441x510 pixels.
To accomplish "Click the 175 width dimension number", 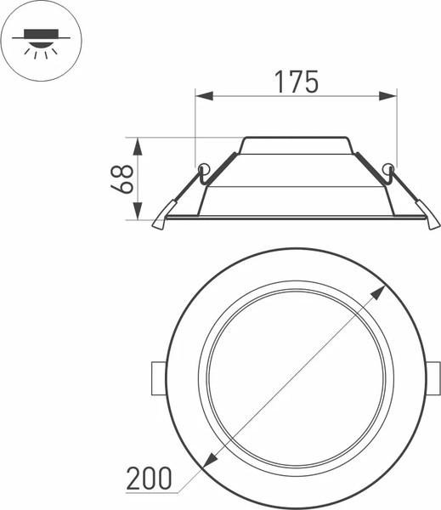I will pos(296,82).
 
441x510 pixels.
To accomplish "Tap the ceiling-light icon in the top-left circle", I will pos(37,37).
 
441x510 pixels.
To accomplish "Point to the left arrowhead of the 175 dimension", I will pos(201,96).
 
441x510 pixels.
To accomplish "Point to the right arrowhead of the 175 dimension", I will pos(392,96).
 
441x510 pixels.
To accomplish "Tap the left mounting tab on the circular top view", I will pos(158,377).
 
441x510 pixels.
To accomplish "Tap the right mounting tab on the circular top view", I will pos(433,377).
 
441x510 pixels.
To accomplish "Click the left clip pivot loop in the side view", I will pos(202,167).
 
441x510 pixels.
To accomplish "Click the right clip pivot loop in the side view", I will pos(389,167).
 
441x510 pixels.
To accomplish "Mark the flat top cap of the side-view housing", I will pos(296,138).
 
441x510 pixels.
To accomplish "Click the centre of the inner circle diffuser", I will pos(296,377).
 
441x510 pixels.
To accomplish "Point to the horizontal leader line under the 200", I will pos(153,492).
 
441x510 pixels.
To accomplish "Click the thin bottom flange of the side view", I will pos(296,218).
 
